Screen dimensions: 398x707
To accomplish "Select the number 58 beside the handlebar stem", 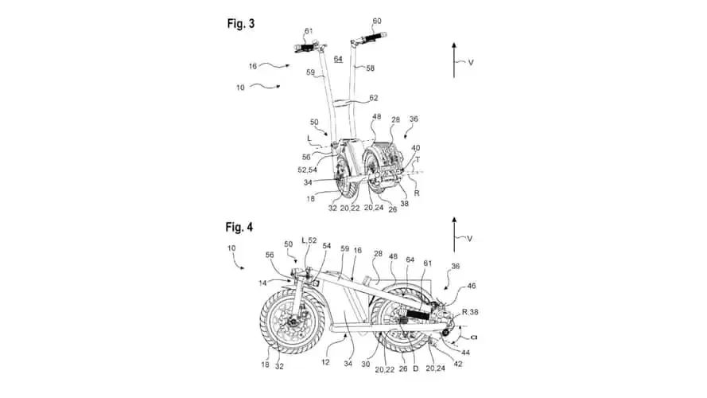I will pyautogui.click(x=370, y=69).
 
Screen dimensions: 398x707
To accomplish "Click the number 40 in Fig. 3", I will pyautogui.click(x=417, y=147).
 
